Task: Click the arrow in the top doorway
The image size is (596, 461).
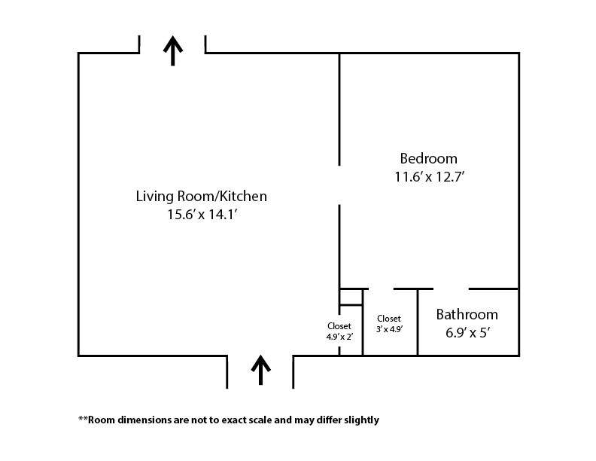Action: click(173, 50)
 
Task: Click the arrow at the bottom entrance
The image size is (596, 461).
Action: click(260, 370)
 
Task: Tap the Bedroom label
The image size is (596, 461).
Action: click(429, 158)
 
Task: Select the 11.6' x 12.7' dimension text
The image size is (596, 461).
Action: click(430, 177)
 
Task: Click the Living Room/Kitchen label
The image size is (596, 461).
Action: click(202, 197)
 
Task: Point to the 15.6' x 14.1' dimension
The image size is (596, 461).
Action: click(202, 215)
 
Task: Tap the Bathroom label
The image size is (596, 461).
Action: click(467, 315)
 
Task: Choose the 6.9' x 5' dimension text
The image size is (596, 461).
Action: click(467, 333)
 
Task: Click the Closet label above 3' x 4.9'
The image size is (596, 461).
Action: click(389, 319)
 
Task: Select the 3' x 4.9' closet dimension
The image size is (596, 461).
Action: click(390, 329)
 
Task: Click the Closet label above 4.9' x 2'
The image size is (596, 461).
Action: click(339, 326)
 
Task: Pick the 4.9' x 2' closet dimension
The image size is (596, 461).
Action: click(340, 337)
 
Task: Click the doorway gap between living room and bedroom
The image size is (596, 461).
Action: click(339, 185)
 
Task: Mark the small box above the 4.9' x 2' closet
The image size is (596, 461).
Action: click(351, 297)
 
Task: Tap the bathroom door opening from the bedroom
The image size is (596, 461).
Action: click(452, 289)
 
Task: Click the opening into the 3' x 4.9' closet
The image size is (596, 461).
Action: click(381, 289)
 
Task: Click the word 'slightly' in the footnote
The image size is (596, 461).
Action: click(361, 420)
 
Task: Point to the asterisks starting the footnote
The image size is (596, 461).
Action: click(83, 418)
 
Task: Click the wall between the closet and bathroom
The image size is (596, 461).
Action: click(418, 322)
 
